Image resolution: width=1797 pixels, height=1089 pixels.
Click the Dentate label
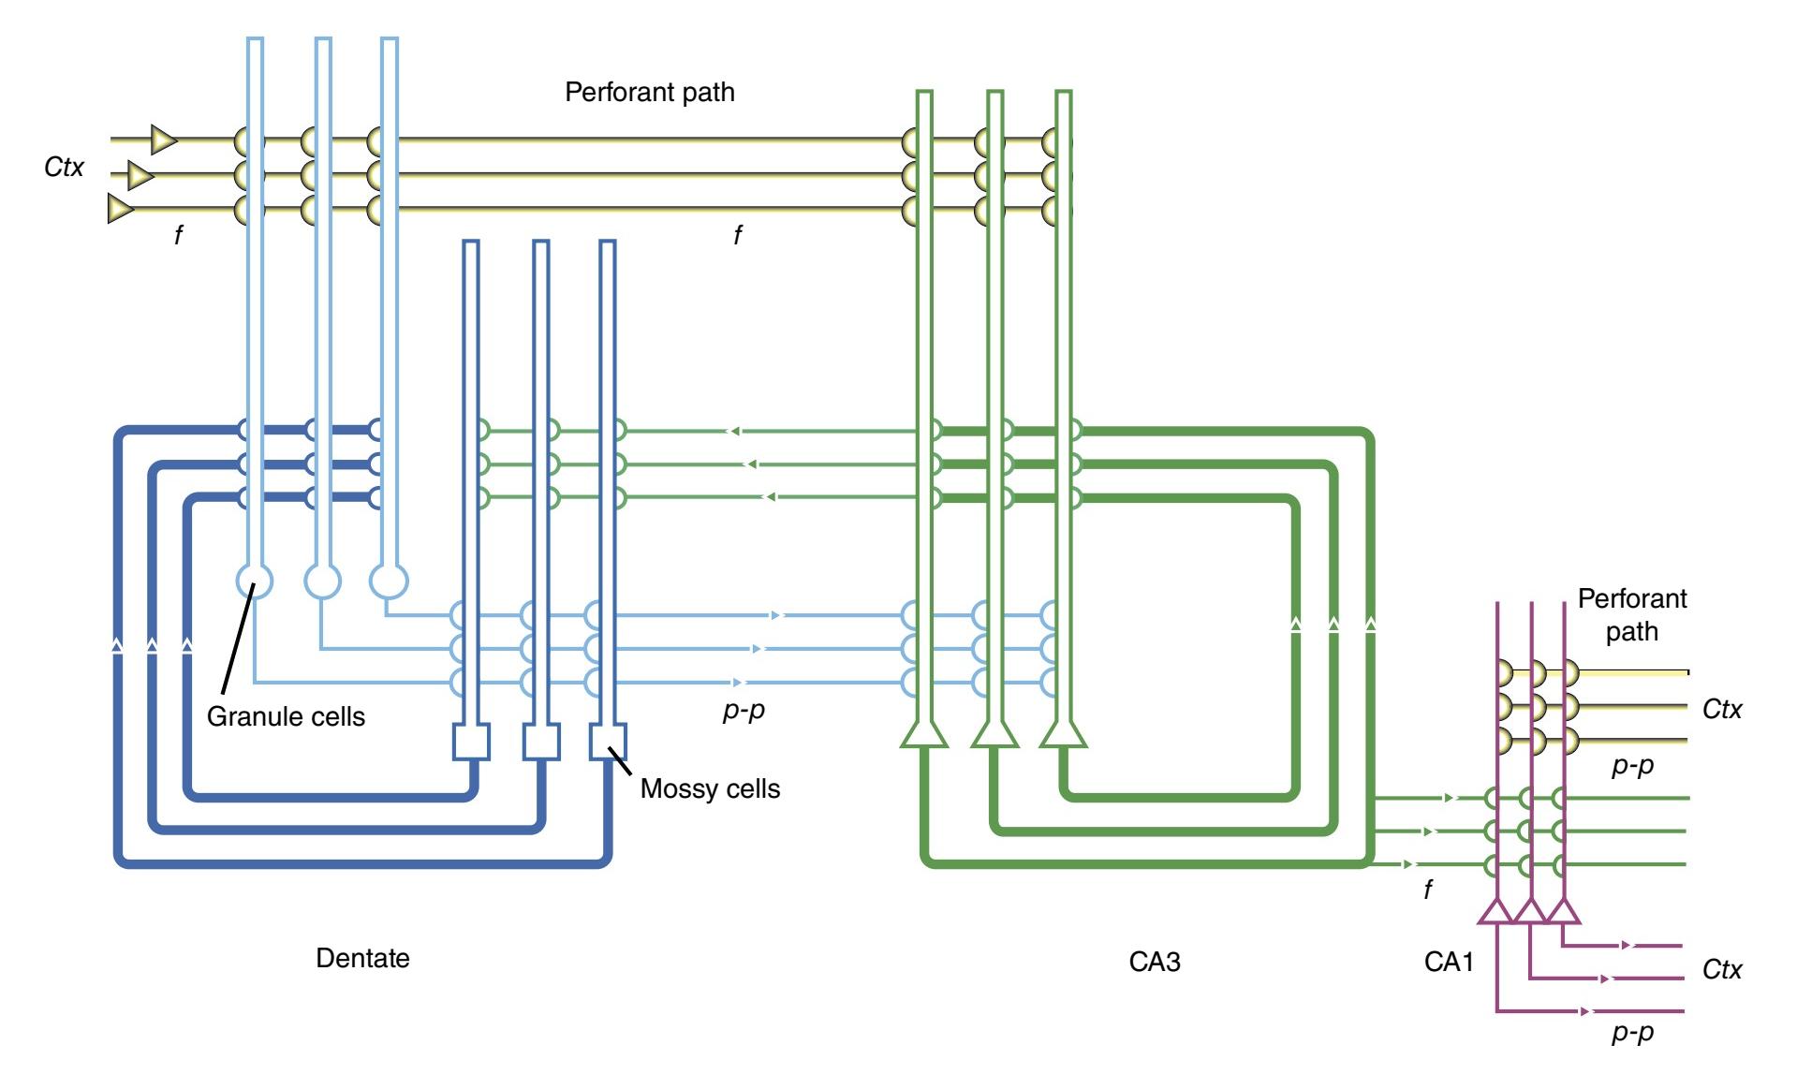point(362,958)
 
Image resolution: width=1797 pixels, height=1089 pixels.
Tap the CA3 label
point(1154,962)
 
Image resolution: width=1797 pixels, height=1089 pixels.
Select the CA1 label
point(1449,962)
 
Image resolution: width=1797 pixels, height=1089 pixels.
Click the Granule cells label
point(286,716)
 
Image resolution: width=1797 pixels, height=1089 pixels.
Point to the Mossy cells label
point(710,788)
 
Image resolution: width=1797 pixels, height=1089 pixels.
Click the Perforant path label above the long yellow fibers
point(649,92)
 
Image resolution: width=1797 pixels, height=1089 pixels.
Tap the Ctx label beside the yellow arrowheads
point(64,167)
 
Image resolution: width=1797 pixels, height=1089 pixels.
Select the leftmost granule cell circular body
point(254,581)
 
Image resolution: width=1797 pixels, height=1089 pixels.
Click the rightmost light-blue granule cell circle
point(390,581)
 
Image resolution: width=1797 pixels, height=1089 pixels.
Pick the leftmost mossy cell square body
point(471,742)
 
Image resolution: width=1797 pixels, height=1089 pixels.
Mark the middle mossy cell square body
point(540,742)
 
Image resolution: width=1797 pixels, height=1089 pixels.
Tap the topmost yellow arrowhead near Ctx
point(164,140)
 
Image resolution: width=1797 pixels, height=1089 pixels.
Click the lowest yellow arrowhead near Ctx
point(120,208)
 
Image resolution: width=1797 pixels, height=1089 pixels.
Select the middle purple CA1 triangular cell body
point(1530,911)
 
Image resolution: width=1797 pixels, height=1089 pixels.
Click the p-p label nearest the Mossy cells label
point(744,710)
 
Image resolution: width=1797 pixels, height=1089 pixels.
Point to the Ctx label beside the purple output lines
point(1722,969)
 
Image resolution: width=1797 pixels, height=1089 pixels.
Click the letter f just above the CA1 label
point(1427,889)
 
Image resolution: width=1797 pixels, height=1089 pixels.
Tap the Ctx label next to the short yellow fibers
point(1722,709)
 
